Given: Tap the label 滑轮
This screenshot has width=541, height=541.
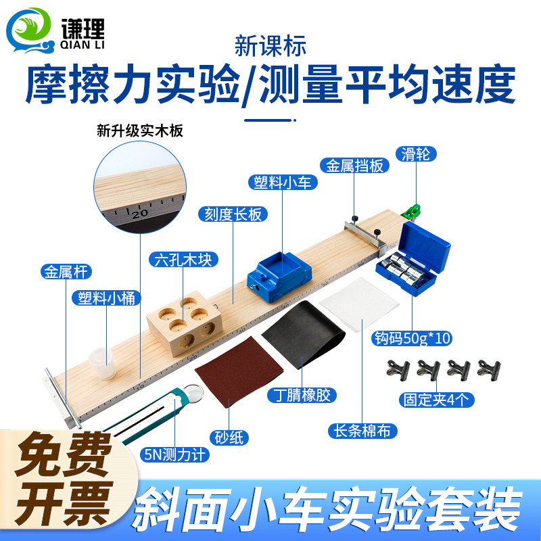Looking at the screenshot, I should (x=417, y=154).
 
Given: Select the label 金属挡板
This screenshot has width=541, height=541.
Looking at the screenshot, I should (x=356, y=166).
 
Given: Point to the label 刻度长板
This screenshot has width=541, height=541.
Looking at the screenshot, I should (x=233, y=214).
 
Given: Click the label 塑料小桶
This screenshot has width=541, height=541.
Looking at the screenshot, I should (x=104, y=298).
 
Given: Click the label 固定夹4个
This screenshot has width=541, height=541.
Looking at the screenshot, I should (x=436, y=400).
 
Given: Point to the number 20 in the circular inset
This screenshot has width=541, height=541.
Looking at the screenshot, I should (x=139, y=212).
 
